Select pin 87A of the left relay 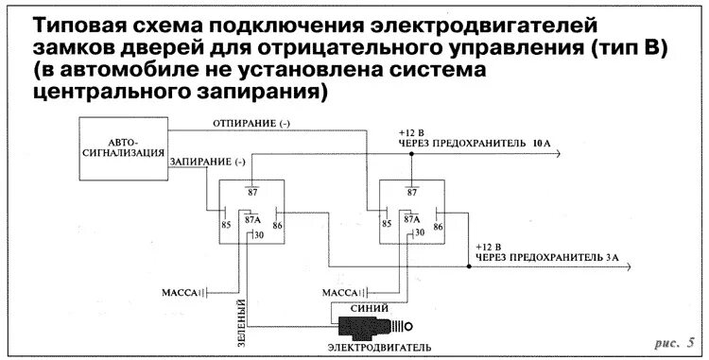pos(252,218)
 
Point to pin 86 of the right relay pos(439,225)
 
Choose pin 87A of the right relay pos(411,218)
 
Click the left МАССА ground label pos(182,293)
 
